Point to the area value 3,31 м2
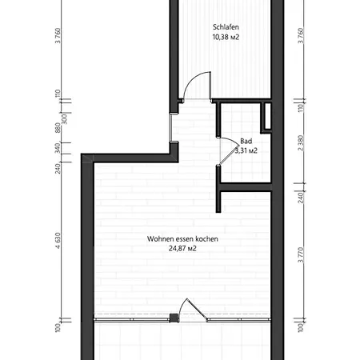click(x=246, y=150)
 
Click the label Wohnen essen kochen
click(x=182, y=238)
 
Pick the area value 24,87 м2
click(x=182, y=249)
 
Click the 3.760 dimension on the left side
click(x=58, y=37)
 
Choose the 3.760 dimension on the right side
click(x=301, y=37)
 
